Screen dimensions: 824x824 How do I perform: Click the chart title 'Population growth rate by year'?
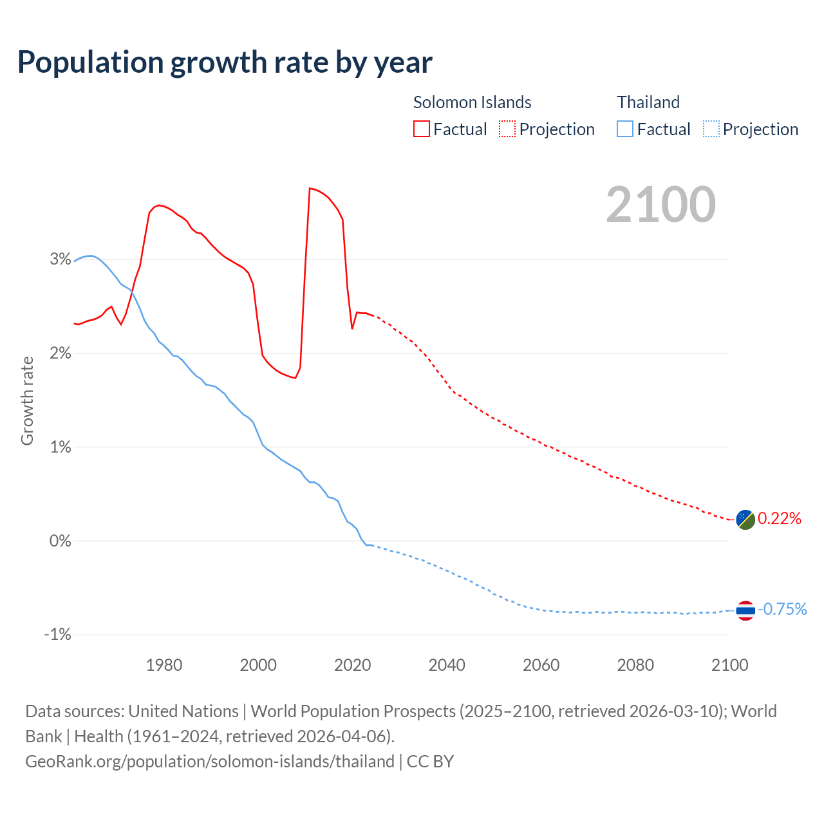[225, 62]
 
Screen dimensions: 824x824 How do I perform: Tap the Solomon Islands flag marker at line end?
[745, 519]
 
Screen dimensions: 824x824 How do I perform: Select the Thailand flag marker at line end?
[745, 610]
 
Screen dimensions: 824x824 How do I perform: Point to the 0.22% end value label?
[780, 519]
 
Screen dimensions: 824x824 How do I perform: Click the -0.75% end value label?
[782, 610]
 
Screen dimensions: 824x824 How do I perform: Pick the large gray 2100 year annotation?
[660, 205]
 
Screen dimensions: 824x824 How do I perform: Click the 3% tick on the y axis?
[60, 259]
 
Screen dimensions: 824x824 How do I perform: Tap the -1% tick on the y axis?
[57, 635]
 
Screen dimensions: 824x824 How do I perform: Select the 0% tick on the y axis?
[60, 541]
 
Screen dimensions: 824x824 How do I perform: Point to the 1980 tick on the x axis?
[164, 665]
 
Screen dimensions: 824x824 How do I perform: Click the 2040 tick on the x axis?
[447, 665]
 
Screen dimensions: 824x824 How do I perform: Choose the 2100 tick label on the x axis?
[729, 665]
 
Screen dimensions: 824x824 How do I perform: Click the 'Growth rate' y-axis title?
[27, 400]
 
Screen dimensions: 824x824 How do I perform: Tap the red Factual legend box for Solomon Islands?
[421, 129]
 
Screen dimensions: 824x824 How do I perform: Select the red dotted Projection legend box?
[507, 129]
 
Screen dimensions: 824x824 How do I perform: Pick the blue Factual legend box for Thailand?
[624, 129]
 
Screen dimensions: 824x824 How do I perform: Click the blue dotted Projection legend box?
[711, 129]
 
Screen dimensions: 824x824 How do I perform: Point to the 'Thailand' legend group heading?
[648, 102]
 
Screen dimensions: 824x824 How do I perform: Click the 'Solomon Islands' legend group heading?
[472, 102]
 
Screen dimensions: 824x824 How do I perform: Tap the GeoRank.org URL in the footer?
[210, 762]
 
